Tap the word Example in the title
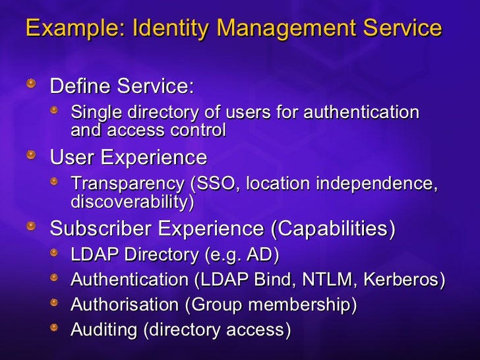coord(71,28)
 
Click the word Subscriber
coord(99,229)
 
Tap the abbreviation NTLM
coord(322,280)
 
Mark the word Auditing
coord(104,330)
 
